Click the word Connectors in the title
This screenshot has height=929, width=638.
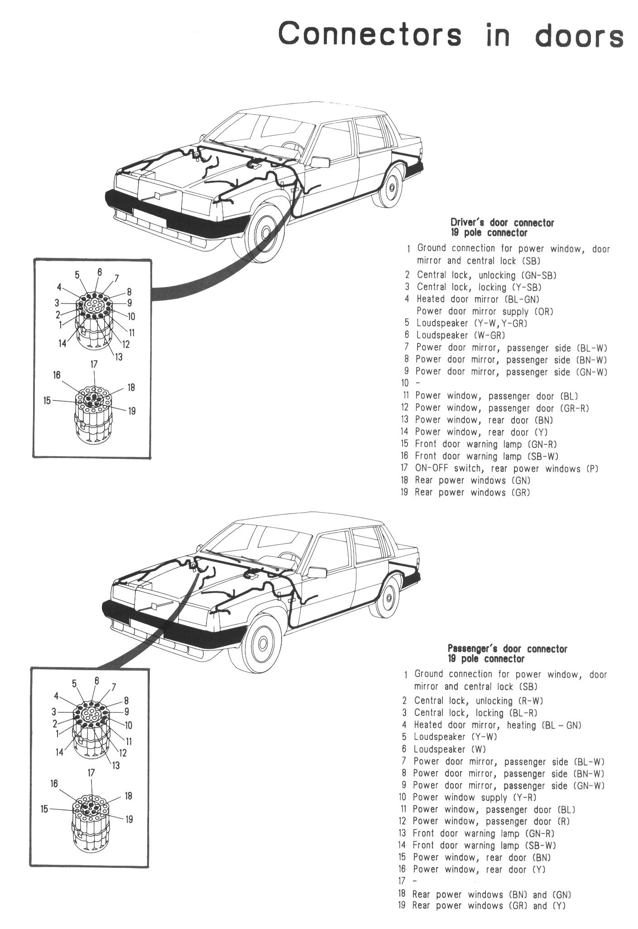click(369, 35)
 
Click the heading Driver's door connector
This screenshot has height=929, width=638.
click(501, 223)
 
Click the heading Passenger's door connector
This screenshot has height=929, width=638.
click(507, 649)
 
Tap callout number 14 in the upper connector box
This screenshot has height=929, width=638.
click(62, 344)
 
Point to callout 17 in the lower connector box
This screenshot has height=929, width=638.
click(91, 772)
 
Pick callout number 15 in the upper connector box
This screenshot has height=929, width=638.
click(47, 401)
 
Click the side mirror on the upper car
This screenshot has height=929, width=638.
click(320, 162)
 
